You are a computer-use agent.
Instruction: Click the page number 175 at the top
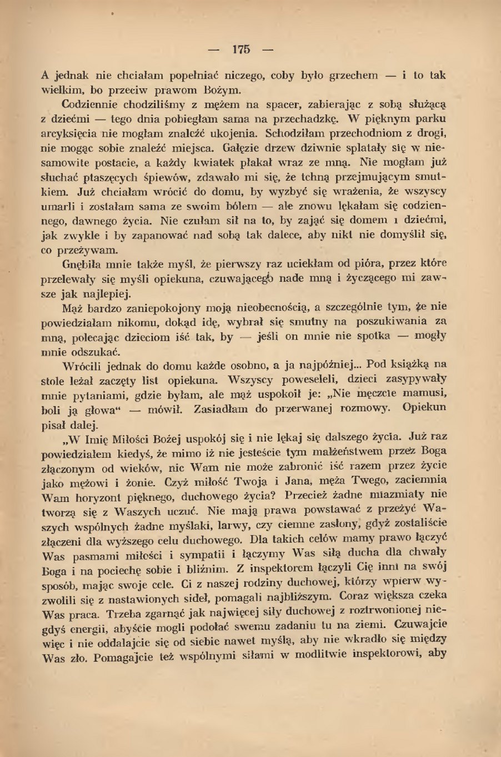pyautogui.click(x=241, y=49)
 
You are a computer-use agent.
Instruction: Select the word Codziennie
pyautogui.click(x=89, y=104)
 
